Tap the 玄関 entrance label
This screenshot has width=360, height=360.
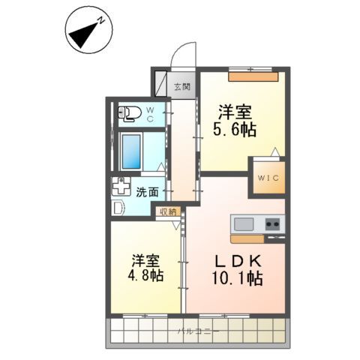click(x=182, y=86)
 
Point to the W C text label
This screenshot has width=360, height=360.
click(x=150, y=115)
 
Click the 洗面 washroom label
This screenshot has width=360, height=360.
click(x=147, y=191)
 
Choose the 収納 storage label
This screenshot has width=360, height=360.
click(x=166, y=211)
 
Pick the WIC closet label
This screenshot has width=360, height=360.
click(x=267, y=178)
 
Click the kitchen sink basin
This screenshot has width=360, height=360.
click(x=244, y=223)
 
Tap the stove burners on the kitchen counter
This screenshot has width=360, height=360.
click(x=271, y=223)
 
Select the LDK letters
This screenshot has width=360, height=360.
click(x=239, y=262)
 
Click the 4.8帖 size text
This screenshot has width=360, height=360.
click(x=146, y=275)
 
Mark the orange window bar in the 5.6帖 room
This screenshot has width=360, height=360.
click(x=253, y=75)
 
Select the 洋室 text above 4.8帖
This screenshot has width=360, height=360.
click(x=146, y=259)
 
